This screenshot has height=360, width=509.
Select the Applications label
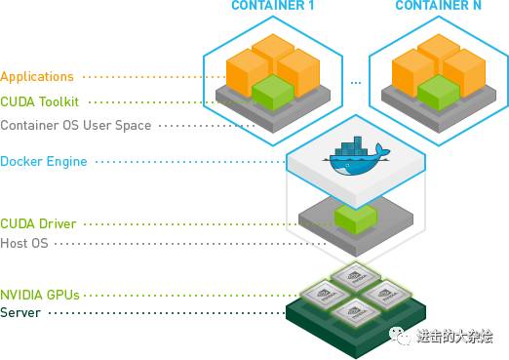coord(37,76)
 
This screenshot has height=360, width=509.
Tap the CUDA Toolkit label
coord(40,100)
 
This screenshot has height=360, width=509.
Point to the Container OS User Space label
coord(75,125)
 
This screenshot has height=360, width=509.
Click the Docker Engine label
coord(44,161)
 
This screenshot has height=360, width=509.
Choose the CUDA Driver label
coord(38,223)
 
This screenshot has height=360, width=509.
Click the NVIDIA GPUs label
coord(40,294)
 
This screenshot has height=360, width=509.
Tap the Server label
coord(20,312)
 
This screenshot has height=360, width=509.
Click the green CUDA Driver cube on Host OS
coord(354,216)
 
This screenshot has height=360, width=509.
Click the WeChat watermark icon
coord(401,336)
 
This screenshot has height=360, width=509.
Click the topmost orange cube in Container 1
coord(272,51)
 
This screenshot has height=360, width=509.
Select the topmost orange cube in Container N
coord(436,51)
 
